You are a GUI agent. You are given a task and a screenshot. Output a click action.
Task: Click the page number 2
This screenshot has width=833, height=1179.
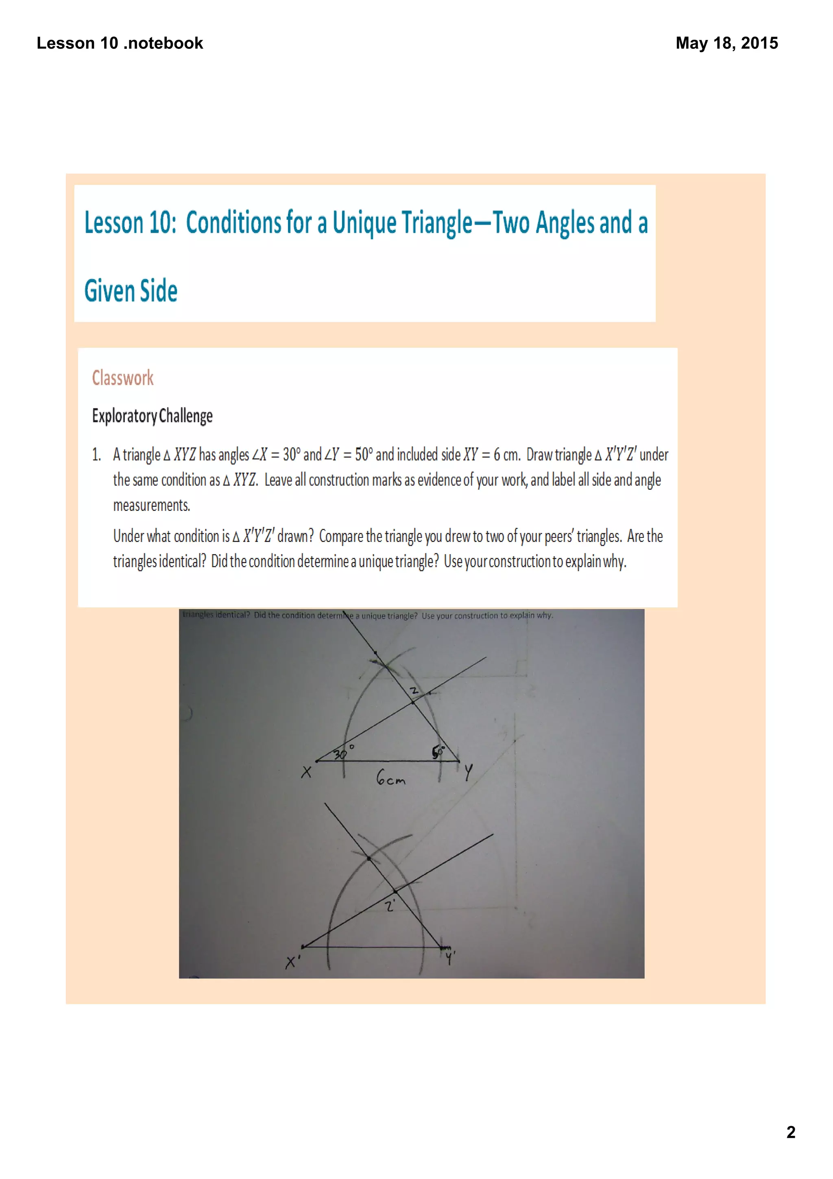tap(790, 1132)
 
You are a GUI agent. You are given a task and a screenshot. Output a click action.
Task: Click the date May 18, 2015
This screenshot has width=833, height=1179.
tap(726, 43)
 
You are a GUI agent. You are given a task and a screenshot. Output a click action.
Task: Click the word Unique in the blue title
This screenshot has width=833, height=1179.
tap(364, 223)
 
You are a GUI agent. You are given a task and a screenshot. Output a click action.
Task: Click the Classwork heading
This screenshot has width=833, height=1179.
tap(123, 378)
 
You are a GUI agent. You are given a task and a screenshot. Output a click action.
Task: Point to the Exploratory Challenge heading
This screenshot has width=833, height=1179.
tap(152, 415)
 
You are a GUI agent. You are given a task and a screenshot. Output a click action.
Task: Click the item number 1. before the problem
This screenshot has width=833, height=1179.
tap(96, 455)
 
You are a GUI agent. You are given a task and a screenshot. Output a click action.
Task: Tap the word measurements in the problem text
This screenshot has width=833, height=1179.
tap(151, 505)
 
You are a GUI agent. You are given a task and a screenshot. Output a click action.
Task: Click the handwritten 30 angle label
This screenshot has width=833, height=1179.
tap(340, 754)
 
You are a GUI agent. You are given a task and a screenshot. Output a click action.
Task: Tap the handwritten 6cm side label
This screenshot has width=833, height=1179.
tap(390, 778)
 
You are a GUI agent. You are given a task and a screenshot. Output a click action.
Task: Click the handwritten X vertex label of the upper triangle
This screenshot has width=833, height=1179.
tap(306, 772)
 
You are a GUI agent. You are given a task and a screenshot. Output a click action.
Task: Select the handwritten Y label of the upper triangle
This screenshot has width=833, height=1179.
tap(468, 772)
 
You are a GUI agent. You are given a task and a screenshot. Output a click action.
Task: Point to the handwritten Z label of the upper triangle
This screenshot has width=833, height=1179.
tap(414, 691)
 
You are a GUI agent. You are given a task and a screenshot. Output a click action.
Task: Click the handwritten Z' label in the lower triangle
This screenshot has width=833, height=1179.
tap(390, 906)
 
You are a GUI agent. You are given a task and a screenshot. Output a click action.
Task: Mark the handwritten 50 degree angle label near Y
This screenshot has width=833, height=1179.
tap(438, 752)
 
